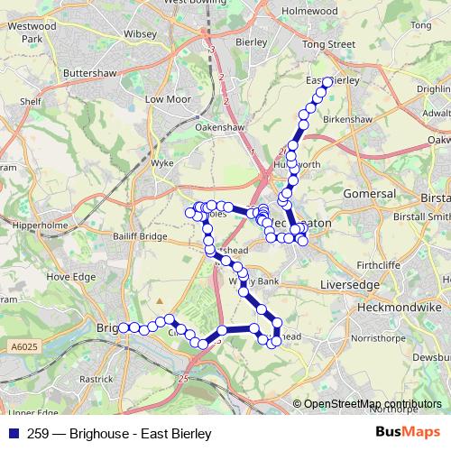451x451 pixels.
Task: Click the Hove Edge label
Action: (x=70, y=277)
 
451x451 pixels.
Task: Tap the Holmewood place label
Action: (x=308, y=11)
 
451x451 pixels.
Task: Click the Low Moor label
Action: (x=167, y=98)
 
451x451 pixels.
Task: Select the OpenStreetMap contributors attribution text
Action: (x=373, y=404)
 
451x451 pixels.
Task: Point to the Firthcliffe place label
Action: (x=382, y=265)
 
